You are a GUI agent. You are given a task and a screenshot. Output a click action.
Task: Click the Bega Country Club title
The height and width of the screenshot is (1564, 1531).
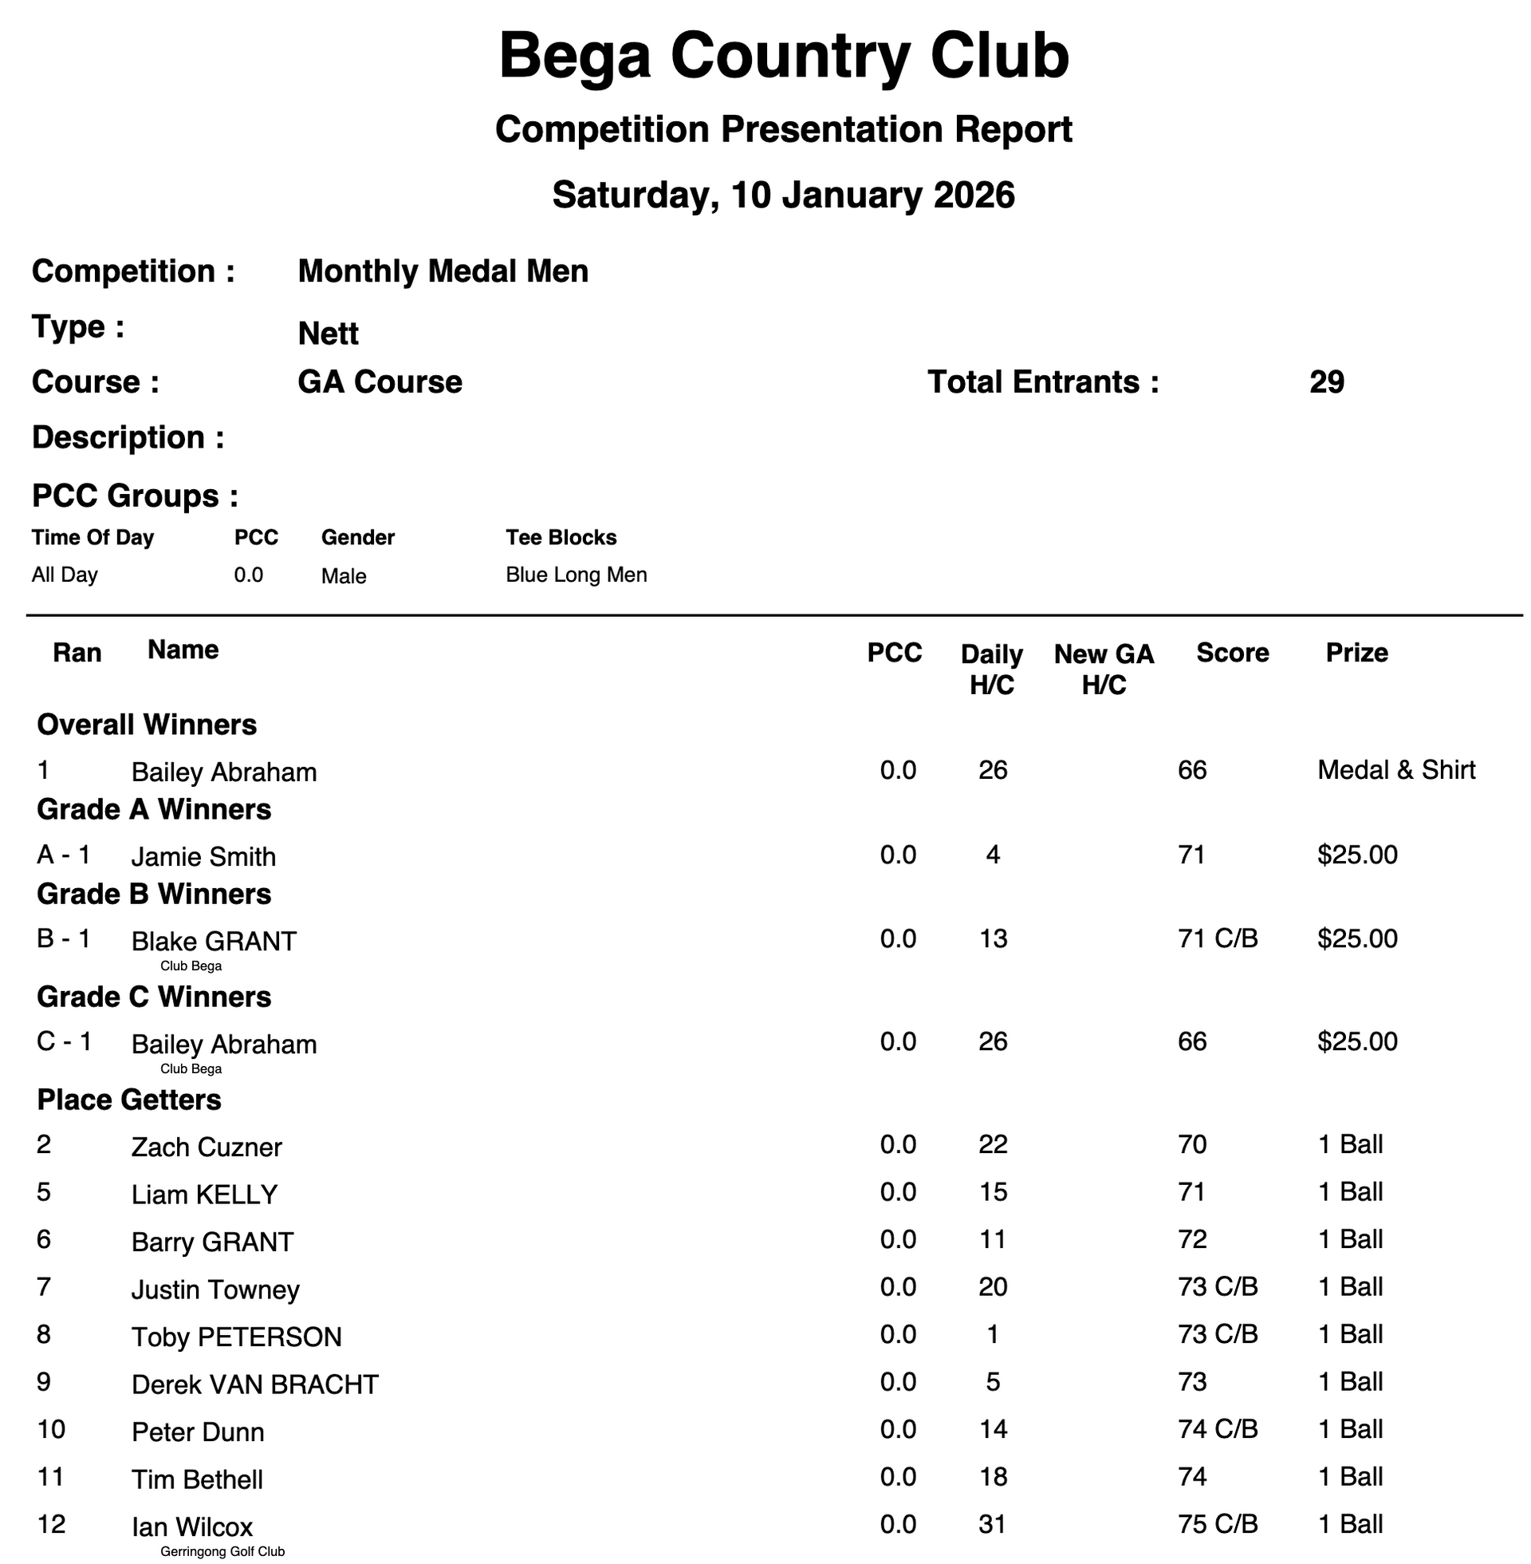point(783,57)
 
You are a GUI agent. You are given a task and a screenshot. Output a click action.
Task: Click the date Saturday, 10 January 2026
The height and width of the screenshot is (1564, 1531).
point(783,195)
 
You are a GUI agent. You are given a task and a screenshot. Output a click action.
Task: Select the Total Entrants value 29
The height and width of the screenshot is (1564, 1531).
point(1326,382)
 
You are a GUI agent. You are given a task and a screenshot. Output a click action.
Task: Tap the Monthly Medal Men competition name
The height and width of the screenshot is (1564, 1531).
point(443,272)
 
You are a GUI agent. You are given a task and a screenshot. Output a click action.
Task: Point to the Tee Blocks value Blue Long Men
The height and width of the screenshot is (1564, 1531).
point(576,575)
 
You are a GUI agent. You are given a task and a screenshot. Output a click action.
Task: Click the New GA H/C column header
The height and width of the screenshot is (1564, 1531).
point(1104,669)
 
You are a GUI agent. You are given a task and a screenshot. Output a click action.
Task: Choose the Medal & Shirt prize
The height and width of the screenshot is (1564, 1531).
point(1396,771)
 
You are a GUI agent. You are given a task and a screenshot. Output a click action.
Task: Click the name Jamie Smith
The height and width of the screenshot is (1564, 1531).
point(203,857)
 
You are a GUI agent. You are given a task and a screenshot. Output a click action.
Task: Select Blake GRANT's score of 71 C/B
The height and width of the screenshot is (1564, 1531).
point(1218,939)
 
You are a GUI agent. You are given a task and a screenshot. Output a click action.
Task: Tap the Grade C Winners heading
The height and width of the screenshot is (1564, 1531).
point(155,997)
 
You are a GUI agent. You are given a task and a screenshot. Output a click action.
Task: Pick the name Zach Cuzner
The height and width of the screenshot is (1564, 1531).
point(207,1147)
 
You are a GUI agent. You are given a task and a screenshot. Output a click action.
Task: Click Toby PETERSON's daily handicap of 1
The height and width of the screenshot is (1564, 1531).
point(993,1335)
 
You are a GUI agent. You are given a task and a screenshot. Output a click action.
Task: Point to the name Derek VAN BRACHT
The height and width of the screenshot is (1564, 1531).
point(255,1384)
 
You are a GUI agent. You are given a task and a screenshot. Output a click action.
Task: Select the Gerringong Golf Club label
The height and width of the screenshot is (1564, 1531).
point(222,1552)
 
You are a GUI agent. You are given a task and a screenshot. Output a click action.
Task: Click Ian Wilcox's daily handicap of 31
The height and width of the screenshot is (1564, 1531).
point(993,1525)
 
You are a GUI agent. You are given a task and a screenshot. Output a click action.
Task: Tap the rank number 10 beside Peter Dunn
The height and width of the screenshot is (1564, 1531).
point(52,1430)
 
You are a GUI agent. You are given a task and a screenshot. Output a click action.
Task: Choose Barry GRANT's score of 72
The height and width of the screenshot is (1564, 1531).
point(1192,1240)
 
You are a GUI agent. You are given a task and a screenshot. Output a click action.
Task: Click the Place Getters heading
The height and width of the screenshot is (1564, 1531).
point(129,1100)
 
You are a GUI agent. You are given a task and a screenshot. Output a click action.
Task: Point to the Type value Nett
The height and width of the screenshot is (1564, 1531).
point(328,334)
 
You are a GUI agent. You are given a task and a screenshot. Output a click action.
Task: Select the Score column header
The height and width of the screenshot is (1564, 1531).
point(1232,653)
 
